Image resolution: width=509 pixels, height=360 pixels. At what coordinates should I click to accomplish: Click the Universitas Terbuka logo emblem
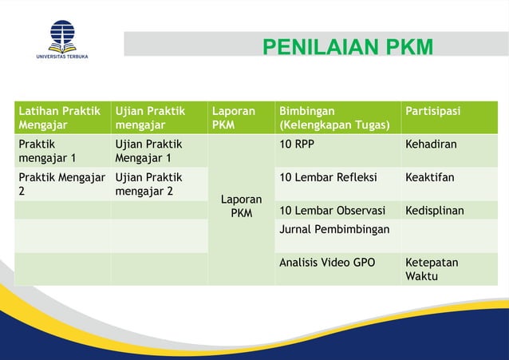pos(61,34)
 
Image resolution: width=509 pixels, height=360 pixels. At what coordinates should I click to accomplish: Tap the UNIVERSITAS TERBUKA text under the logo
pos(61,56)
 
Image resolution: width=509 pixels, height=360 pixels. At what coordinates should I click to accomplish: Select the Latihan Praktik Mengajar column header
pos(55,117)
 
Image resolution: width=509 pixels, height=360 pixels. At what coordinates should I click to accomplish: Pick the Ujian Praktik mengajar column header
pos(148,117)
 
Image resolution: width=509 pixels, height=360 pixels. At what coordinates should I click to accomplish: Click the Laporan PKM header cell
pos(233,117)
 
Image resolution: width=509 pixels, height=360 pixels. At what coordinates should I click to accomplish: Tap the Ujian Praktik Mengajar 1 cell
pos(148,151)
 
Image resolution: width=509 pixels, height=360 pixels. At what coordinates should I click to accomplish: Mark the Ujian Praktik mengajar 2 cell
pos(148,184)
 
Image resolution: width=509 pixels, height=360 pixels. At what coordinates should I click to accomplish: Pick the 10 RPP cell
pos(296,144)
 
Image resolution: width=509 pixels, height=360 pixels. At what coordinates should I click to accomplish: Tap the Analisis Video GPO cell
pos(327,262)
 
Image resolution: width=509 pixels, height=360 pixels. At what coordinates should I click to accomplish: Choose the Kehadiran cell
pos(431,144)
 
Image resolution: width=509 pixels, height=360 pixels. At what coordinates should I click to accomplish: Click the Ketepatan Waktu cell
pos(432,269)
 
